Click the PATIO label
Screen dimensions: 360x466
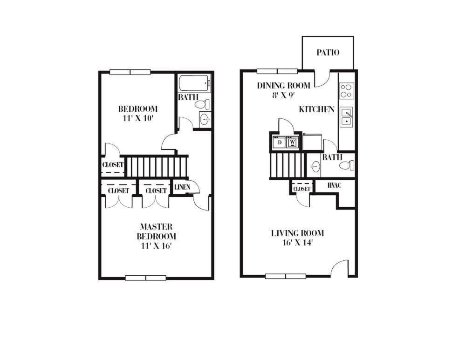click(x=328, y=53)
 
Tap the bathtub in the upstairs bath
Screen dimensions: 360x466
click(x=194, y=83)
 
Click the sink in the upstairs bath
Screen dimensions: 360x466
click(x=204, y=120)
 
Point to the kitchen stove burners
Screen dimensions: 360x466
click(x=347, y=90)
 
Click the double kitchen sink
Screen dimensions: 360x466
click(x=346, y=117)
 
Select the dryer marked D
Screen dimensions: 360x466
click(x=280, y=142)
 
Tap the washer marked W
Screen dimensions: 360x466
click(x=293, y=142)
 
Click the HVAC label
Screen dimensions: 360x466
click(x=334, y=185)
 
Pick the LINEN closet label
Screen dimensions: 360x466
click(x=182, y=187)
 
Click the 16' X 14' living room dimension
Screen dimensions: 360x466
click(x=297, y=243)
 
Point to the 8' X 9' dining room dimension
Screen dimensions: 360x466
click(x=283, y=95)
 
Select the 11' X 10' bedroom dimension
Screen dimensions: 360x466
click(x=137, y=118)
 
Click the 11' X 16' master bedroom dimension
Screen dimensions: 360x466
click(x=156, y=245)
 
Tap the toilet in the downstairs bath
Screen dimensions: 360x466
click(x=346, y=165)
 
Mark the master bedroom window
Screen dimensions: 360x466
click(x=145, y=278)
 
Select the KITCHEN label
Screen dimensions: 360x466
click(x=316, y=109)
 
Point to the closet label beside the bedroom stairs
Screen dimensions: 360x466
click(x=113, y=165)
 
